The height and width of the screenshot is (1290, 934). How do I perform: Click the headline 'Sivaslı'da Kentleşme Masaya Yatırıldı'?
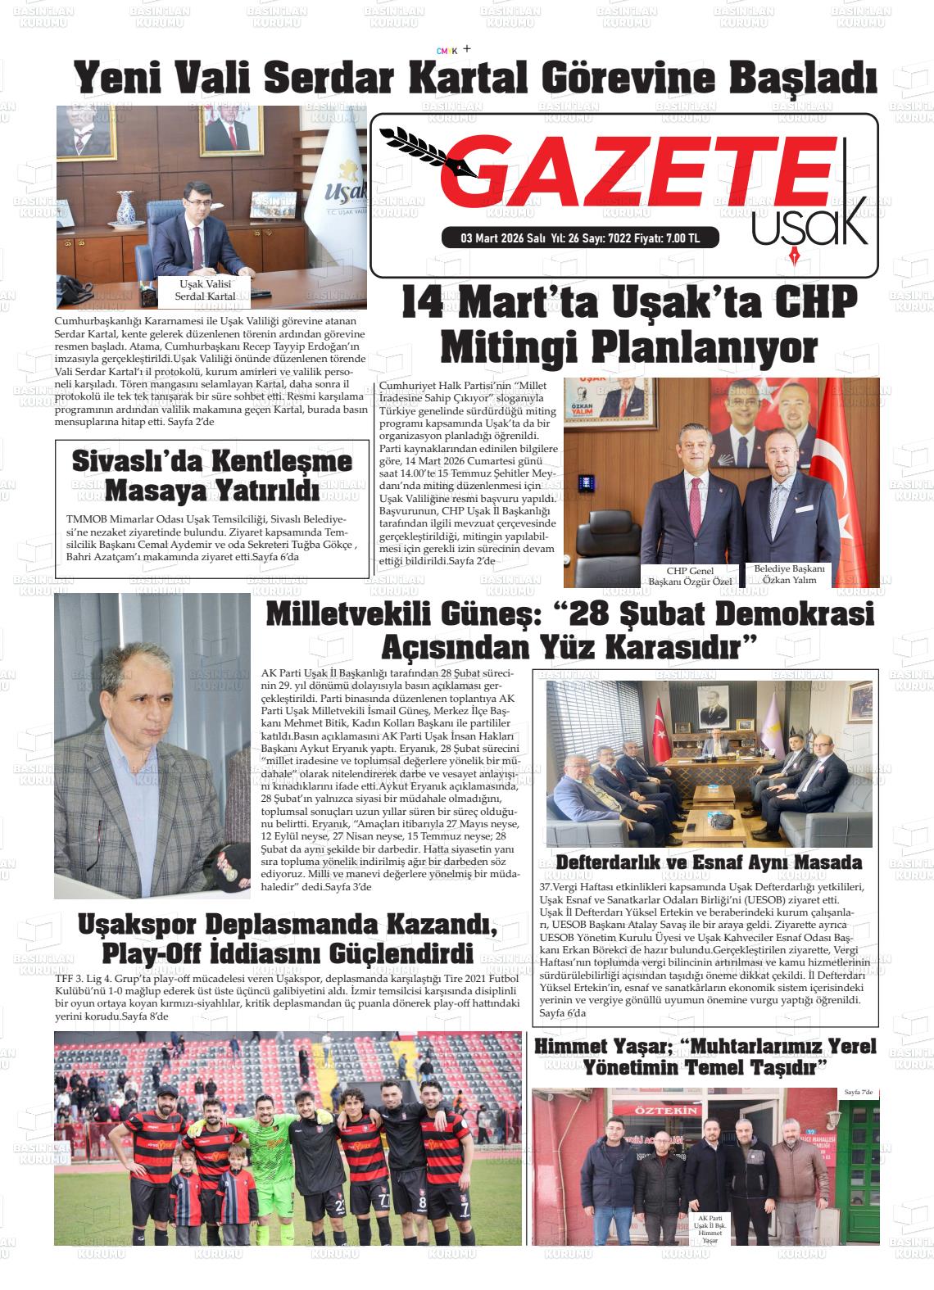tap(211, 474)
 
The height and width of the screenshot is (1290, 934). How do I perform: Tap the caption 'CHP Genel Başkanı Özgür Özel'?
tap(690, 576)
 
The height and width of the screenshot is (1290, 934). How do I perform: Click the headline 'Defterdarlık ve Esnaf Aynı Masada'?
tap(709, 862)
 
